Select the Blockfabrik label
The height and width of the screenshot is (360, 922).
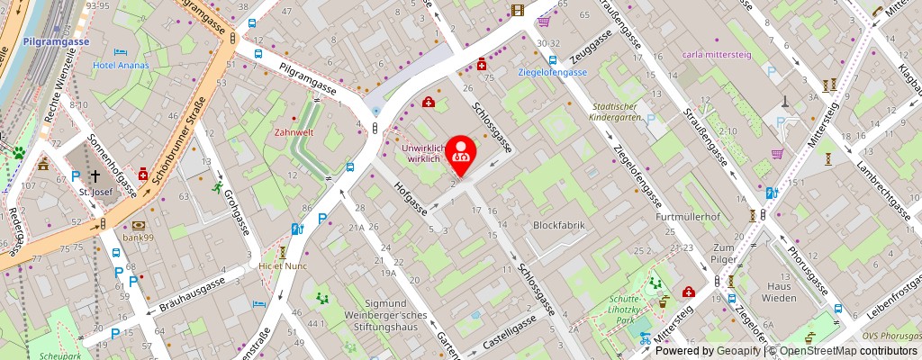(x=559, y=225)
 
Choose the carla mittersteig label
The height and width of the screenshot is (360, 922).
(x=718, y=53)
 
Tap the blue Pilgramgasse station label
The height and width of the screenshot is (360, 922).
(x=57, y=41)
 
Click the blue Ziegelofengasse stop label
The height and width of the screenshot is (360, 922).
(x=553, y=72)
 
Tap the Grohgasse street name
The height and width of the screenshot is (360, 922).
(x=235, y=201)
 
